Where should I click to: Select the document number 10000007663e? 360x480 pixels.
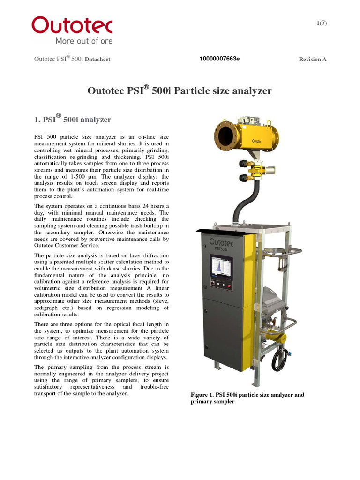(x=219, y=59)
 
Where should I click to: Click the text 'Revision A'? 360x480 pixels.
(x=313, y=59)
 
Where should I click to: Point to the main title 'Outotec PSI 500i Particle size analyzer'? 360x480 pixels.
(x=180, y=90)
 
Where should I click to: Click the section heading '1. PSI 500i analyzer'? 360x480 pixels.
(x=73, y=119)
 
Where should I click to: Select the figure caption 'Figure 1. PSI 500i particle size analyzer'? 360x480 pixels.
(x=247, y=395)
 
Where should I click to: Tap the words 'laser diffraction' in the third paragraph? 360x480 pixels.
(x=149, y=255)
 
